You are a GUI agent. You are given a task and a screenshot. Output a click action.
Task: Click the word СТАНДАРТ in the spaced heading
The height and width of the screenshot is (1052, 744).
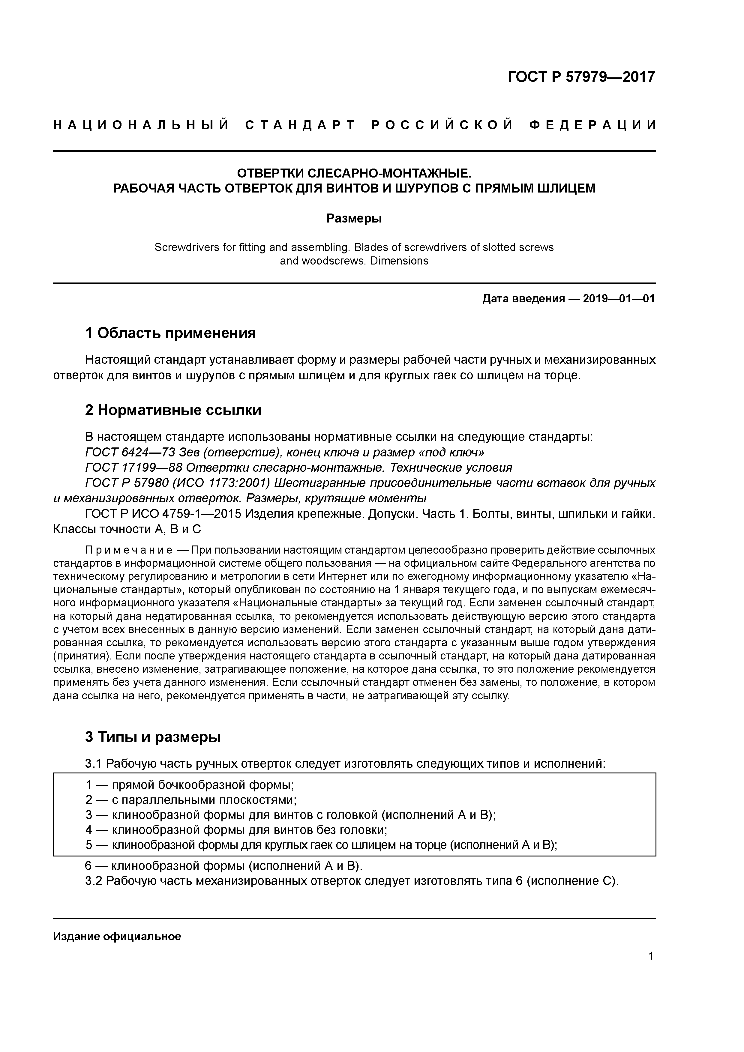(x=300, y=125)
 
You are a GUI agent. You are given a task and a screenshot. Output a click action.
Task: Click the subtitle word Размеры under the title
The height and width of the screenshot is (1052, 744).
(x=354, y=219)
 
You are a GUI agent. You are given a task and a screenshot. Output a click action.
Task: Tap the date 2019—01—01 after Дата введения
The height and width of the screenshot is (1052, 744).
(x=619, y=299)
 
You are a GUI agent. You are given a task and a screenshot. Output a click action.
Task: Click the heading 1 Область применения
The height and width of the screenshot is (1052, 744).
(x=170, y=333)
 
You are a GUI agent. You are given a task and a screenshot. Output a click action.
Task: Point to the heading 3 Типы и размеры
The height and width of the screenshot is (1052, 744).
(x=153, y=737)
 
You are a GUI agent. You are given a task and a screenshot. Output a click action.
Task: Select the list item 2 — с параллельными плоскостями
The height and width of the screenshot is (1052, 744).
(x=191, y=800)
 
